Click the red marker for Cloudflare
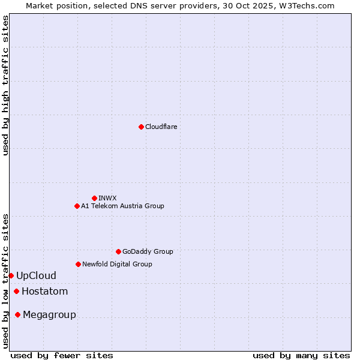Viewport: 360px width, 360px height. point(141,127)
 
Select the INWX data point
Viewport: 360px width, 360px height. point(94,198)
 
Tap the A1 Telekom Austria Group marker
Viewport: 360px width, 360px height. point(77,206)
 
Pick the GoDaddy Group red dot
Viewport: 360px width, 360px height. point(118,251)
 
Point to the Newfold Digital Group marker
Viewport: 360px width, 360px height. point(78,264)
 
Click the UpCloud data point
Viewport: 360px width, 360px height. point(11,275)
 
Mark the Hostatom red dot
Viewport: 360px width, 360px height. point(16,292)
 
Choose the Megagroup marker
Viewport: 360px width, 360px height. point(17,314)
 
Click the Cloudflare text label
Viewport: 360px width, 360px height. point(161,127)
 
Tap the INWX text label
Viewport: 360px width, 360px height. point(107,198)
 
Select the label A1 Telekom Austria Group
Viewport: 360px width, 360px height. point(122,206)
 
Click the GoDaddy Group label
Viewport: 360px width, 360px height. point(148,251)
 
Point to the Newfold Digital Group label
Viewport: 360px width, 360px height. point(117,264)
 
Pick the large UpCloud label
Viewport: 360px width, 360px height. point(36,276)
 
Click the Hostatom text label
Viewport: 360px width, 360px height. point(44,292)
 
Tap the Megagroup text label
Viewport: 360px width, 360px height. point(49,315)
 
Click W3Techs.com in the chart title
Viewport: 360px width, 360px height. point(310,5)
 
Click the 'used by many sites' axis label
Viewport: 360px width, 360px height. point(301,355)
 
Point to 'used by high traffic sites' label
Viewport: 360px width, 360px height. point(5,85)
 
